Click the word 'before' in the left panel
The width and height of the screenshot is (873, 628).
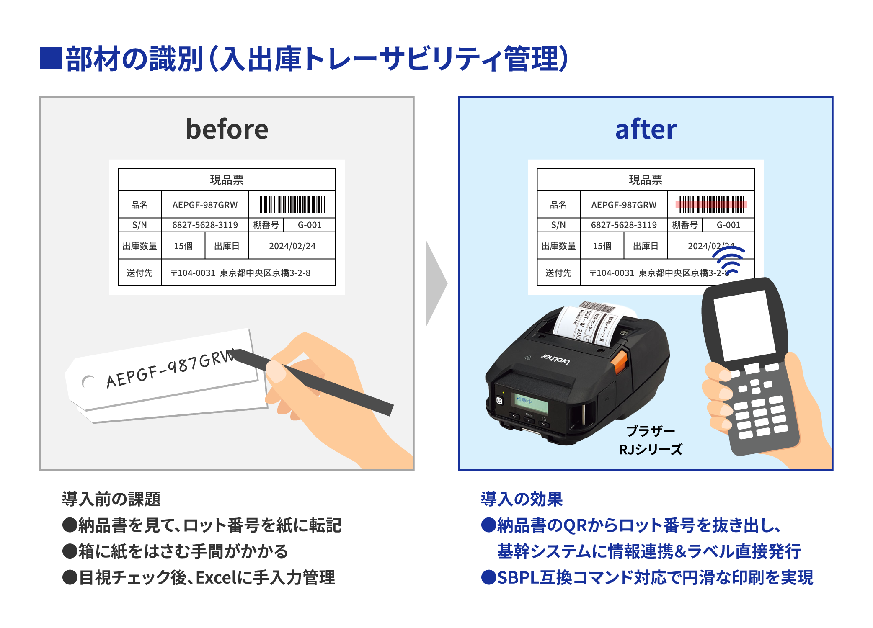[227, 129]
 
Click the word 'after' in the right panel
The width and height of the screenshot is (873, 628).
[646, 129]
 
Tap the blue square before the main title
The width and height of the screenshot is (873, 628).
[51, 58]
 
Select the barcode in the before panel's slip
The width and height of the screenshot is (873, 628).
[292, 205]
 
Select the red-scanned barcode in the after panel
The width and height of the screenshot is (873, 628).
[711, 205]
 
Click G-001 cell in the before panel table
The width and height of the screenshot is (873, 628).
[310, 225]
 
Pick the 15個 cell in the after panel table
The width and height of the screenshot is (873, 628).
[602, 246]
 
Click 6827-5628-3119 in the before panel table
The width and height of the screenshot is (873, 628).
[205, 225]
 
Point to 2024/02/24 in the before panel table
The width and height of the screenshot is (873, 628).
[292, 246]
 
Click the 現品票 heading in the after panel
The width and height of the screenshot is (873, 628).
[646, 180]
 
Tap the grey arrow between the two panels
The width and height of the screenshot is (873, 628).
[436, 283]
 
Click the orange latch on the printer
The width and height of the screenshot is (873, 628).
[620, 362]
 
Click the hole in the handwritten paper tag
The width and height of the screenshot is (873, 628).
[88, 382]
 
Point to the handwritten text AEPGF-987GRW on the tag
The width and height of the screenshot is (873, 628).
[170, 368]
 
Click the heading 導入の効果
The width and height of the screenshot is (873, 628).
[522, 499]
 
